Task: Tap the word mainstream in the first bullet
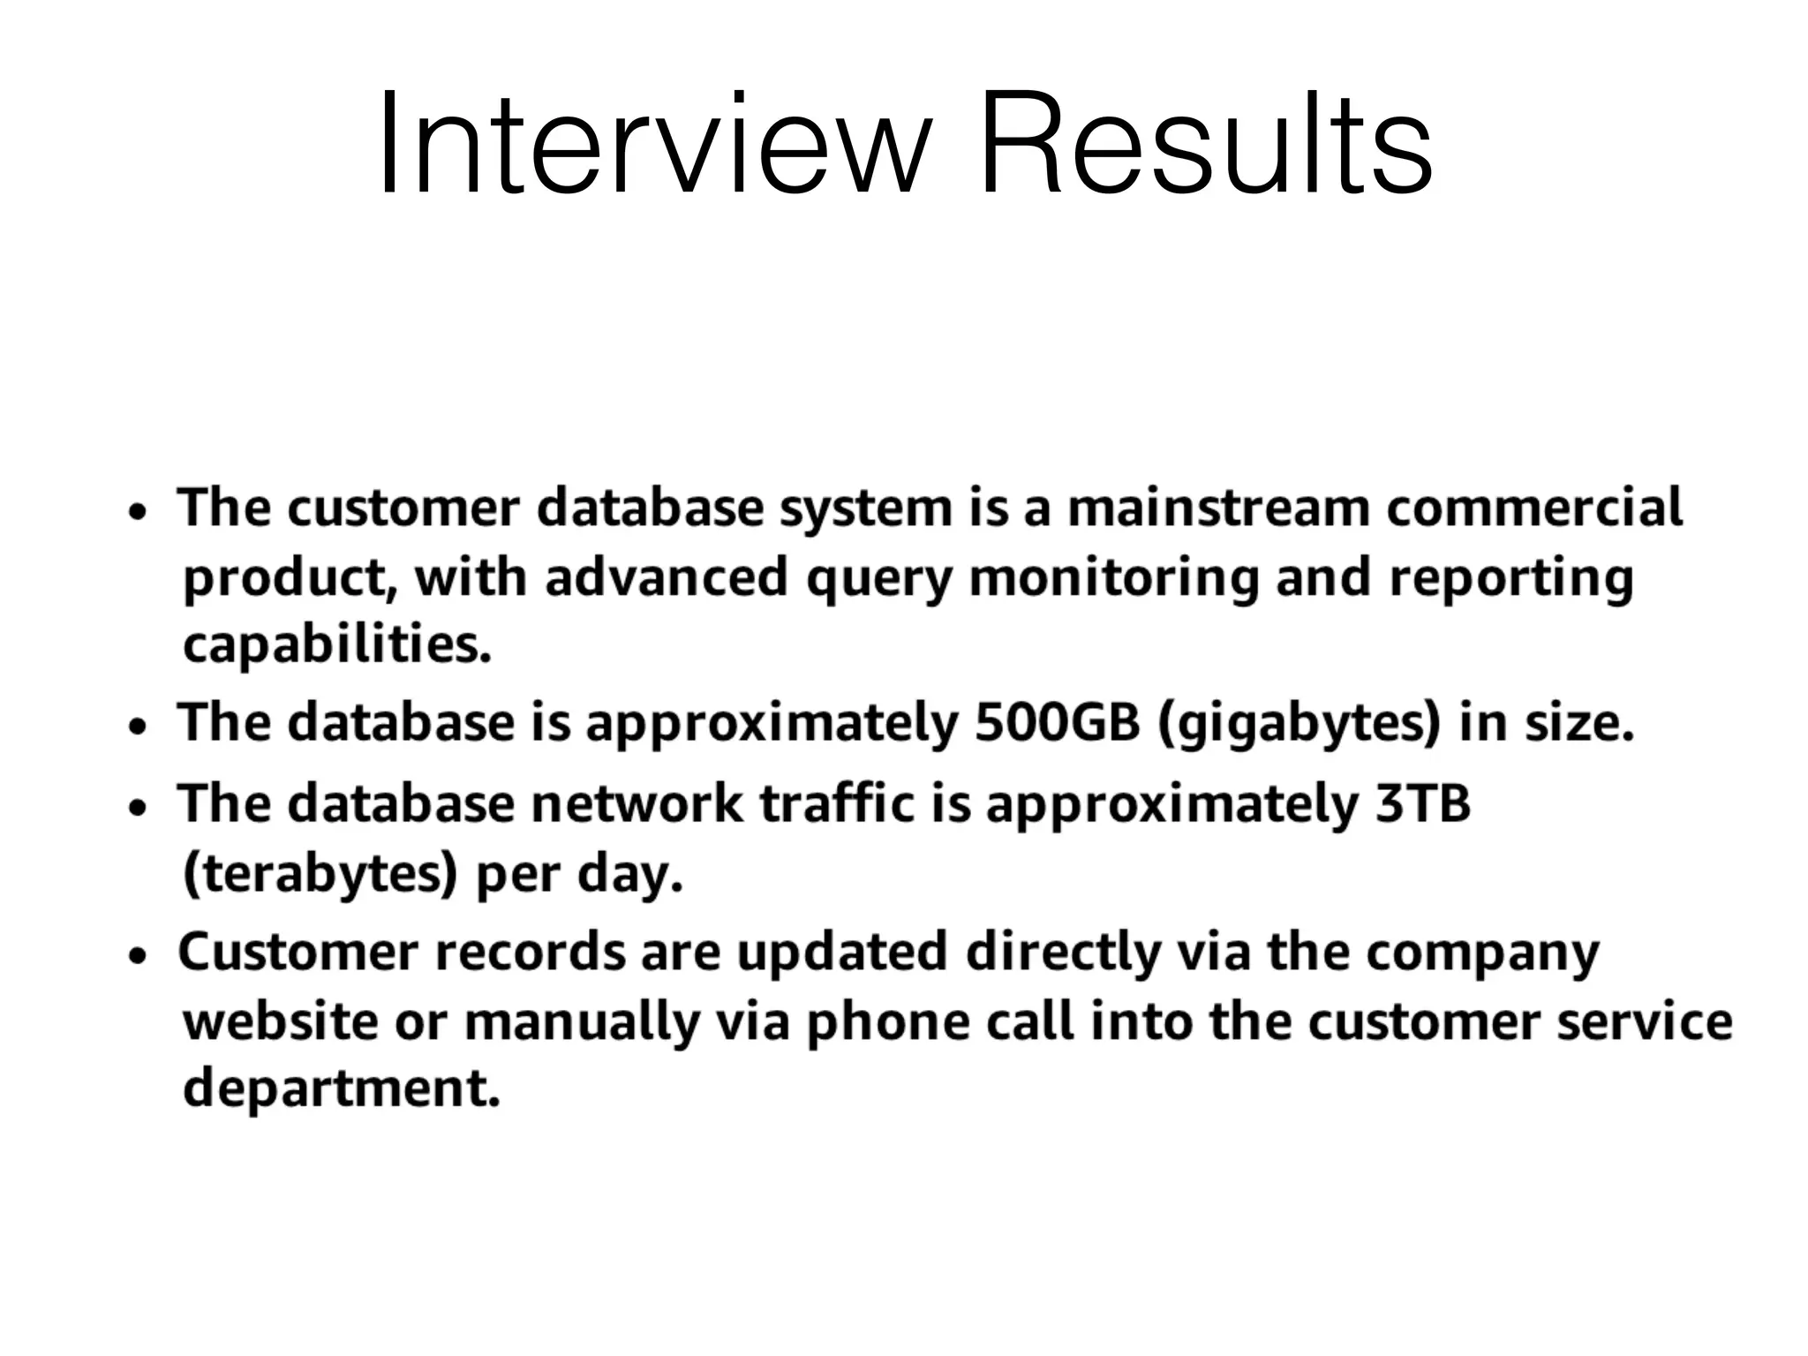click(x=1218, y=508)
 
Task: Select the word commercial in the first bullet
click(x=1534, y=508)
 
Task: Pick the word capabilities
click(x=336, y=646)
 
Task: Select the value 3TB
click(x=1422, y=803)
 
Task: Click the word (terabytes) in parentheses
click(x=320, y=874)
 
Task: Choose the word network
click(x=637, y=803)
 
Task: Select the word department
click(x=341, y=1088)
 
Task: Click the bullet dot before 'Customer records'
click(x=137, y=956)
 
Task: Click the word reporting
click(x=1510, y=579)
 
